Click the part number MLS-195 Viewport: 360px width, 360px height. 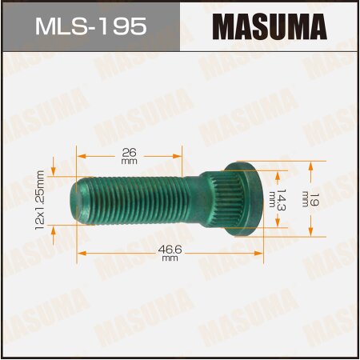pyautogui.click(x=90, y=28)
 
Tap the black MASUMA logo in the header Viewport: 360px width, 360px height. pyautogui.click(x=270, y=28)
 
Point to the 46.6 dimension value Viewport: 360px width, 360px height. pyautogui.click(x=170, y=250)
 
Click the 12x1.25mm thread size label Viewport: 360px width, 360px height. pyautogui.click(x=39, y=198)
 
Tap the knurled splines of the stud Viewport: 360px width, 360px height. pyautogui.click(x=209, y=196)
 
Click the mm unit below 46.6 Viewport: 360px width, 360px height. pyautogui.click(x=170, y=259)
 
